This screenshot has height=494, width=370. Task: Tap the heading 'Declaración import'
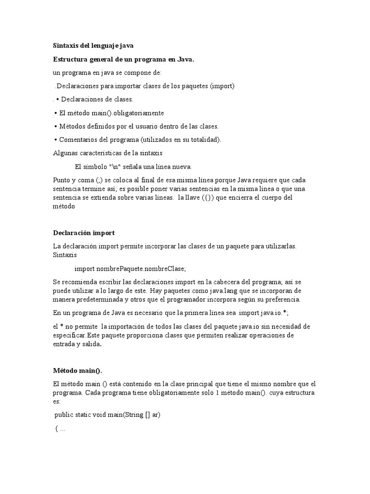(x=84, y=233)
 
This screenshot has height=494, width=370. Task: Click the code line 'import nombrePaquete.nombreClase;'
(x=130, y=268)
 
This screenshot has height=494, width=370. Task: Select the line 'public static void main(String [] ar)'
(x=107, y=415)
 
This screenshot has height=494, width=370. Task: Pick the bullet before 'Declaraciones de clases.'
(x=57, y=99)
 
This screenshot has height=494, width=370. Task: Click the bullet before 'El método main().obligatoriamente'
(x=55, y=113)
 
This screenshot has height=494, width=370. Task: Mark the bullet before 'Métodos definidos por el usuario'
(x=55, y=126)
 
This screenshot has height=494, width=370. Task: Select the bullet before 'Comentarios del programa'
(x=55, y=140)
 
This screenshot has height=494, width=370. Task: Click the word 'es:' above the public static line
(x=57, y=401)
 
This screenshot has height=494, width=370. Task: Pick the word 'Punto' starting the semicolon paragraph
(x=62, y=180)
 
